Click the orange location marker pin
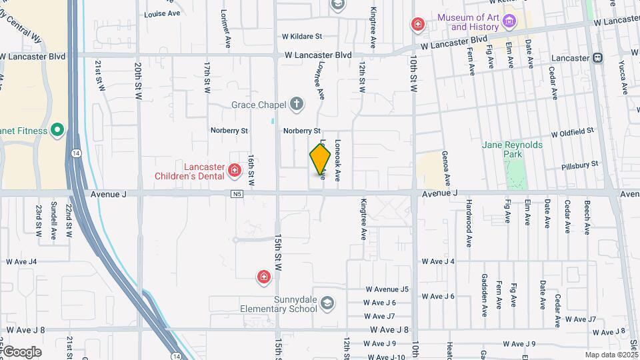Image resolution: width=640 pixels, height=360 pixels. (320, 159)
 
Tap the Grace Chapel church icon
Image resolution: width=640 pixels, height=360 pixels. (297, 104)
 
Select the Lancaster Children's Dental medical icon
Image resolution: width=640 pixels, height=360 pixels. (234, 171)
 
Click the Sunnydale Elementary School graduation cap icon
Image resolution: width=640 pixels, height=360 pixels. (327, 304)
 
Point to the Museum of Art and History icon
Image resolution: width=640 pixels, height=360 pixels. (509, 22)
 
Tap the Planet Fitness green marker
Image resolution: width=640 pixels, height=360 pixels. (57, 130)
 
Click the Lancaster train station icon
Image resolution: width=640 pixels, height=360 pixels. (597, 58)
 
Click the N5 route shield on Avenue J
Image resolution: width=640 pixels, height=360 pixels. (237, 194)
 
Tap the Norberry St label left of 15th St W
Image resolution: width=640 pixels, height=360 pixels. (229, 131)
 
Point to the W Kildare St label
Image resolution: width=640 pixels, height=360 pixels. (301, 37)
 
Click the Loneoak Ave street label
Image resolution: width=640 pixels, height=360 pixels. (337, 161)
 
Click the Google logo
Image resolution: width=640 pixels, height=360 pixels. (21, 352)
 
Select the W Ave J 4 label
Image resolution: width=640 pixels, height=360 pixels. (438, 261)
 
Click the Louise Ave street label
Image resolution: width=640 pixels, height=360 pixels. (162, 13)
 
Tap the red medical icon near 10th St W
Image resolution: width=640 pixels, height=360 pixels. (418, 25)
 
